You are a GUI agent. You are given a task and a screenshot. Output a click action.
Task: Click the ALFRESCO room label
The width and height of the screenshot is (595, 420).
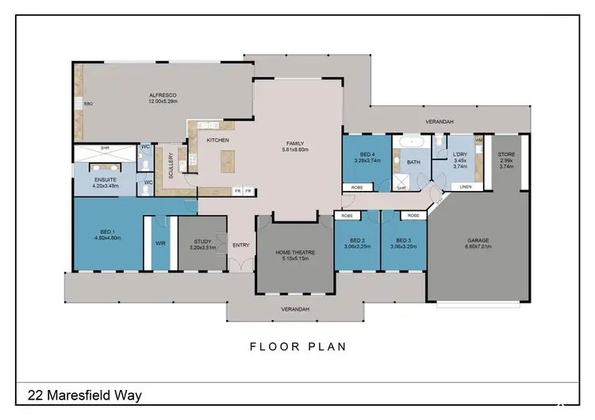coord(163,96)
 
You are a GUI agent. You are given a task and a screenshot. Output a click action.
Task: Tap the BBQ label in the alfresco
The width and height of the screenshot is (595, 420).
coord(88,104)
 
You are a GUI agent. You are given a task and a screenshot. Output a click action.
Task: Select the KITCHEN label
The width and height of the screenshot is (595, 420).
coord(218,140)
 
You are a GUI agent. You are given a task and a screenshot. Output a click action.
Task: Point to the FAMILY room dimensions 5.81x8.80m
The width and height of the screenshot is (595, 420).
coord(295,151)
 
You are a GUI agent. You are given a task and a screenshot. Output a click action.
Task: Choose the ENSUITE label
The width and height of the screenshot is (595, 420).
coord(106,180)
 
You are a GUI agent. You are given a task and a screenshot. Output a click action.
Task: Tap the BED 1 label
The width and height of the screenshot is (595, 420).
coord(106,231)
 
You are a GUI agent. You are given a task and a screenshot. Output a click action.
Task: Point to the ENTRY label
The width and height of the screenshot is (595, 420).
coord(240,245)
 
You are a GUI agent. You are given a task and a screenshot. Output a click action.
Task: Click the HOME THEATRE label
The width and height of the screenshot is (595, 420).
coord(295,252)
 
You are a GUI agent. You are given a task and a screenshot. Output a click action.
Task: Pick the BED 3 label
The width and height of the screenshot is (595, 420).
coord(402,239)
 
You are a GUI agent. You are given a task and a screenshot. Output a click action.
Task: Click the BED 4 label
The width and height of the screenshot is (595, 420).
coord(367,155)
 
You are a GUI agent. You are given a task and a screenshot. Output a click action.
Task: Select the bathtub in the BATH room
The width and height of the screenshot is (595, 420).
coord(413,142)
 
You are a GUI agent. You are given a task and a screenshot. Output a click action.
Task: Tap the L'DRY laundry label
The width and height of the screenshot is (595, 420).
coord(459,155)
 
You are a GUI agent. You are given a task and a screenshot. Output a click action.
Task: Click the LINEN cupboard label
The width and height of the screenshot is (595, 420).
coord(466,187)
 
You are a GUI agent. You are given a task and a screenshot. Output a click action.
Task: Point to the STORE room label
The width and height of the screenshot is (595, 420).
coord(506,155)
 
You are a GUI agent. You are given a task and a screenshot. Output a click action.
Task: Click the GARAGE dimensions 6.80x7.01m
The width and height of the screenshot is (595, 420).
coord(478,246)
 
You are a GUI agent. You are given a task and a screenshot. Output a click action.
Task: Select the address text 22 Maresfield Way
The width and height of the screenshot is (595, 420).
coord(86,394)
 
